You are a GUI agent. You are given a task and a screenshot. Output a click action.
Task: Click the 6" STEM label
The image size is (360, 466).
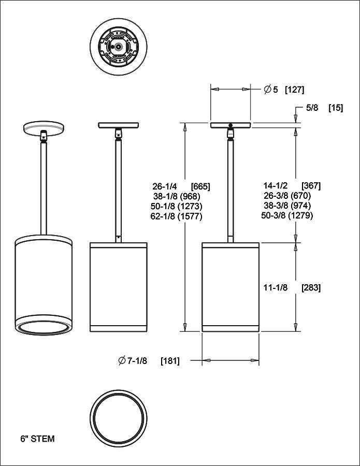(x=37, y=439)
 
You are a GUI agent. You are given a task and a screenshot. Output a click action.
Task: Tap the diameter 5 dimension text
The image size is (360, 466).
(x=271, y=90)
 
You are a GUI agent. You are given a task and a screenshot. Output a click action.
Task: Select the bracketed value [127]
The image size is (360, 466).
(x=294, y=90)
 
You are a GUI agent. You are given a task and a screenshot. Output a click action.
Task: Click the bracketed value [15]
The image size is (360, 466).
(x=336, y=108)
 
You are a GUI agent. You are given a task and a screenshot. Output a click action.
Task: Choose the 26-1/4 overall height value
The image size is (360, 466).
(x=165, y=186)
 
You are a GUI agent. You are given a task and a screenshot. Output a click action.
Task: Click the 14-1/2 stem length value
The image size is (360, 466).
(x=275, y=185)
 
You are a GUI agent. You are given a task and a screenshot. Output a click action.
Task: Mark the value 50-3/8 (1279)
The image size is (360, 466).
(x=288, y=215)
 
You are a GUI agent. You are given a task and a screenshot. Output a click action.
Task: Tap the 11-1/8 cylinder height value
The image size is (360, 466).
(x=276, y=288)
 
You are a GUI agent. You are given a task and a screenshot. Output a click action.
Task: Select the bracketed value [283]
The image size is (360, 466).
(x=311, y=288)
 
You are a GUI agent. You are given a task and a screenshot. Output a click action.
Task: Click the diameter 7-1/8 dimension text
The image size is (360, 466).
(x=133, y=361)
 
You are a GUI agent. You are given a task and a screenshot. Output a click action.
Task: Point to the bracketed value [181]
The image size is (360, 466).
(x=170, y=361)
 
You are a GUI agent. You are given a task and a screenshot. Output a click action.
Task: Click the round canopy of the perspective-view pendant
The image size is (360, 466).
(x=44, y=128)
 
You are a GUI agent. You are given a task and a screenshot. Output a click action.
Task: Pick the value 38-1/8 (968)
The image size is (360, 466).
(x=177, y=196)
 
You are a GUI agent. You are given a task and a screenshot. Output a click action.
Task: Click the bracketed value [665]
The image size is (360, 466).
(x=200, y=186)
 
